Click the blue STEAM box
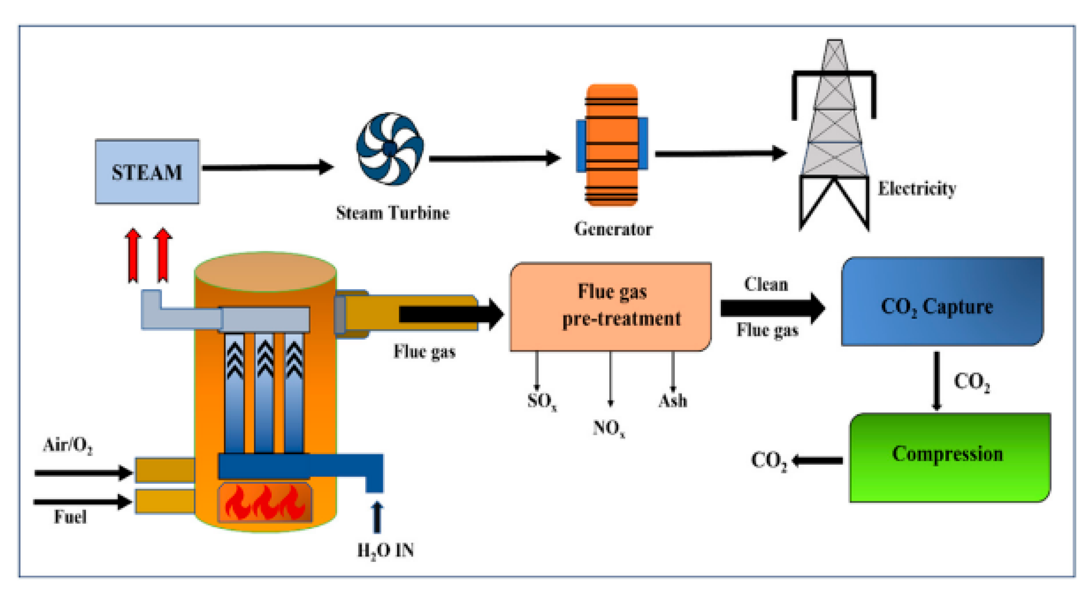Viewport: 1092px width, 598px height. point(147,172)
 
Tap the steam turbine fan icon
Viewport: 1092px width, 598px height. point(390,148)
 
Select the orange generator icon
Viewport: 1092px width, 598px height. point(612,145)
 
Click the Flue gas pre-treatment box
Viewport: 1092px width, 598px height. point(611,306)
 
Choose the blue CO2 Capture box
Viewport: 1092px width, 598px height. point(942,301)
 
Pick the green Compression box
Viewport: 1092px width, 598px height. point(950,457)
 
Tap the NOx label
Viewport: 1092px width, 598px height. point(609,428)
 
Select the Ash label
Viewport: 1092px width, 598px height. point(672,401)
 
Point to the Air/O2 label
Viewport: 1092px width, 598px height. point(68,445)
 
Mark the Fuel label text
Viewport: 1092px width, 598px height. point(70,517)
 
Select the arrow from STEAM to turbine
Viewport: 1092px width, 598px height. point(267,168)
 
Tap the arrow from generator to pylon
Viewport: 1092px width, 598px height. point(721,154)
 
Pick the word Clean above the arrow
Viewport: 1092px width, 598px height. point(766,284)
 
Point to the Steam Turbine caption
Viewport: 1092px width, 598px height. point(392,213)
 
